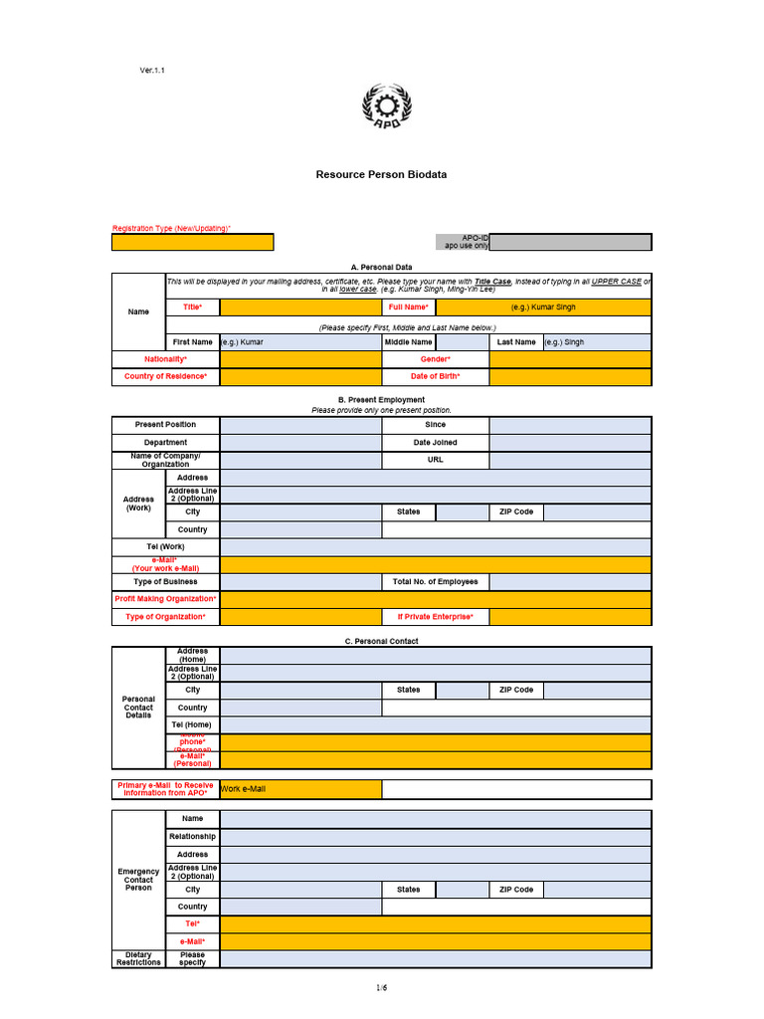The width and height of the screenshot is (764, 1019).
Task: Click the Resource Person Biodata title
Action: tap(381, 174)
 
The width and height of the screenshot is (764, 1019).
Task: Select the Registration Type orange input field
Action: tap(192, 242)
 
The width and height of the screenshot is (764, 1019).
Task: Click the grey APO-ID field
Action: tap(570, 242)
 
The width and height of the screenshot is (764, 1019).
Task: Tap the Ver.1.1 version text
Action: tap(152, 71)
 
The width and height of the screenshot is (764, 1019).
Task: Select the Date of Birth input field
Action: tap(570, 377)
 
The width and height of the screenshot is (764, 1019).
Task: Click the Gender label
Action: tap(435, 359)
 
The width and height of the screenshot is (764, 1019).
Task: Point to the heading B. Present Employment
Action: tap(381, 400)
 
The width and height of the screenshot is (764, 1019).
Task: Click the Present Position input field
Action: tap(299, 425)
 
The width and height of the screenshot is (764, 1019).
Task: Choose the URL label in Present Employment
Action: tap(435, 460)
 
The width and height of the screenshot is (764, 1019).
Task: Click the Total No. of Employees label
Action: tap(435, 582)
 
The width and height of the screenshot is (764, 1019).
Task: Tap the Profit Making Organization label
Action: tap(165, 599)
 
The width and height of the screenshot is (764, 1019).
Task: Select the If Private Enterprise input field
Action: tap(570, 617)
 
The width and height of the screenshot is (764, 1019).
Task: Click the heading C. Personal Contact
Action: tap(381, 642)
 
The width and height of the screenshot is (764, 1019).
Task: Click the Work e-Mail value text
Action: tap(243, 789)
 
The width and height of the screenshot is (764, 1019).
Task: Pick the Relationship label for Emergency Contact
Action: tap(192, 837)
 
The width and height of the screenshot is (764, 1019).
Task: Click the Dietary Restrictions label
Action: tap(138, 959)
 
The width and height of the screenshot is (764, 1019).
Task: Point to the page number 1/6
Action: tap(381, 987)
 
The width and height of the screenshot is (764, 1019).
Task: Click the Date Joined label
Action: tap(435, 443)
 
